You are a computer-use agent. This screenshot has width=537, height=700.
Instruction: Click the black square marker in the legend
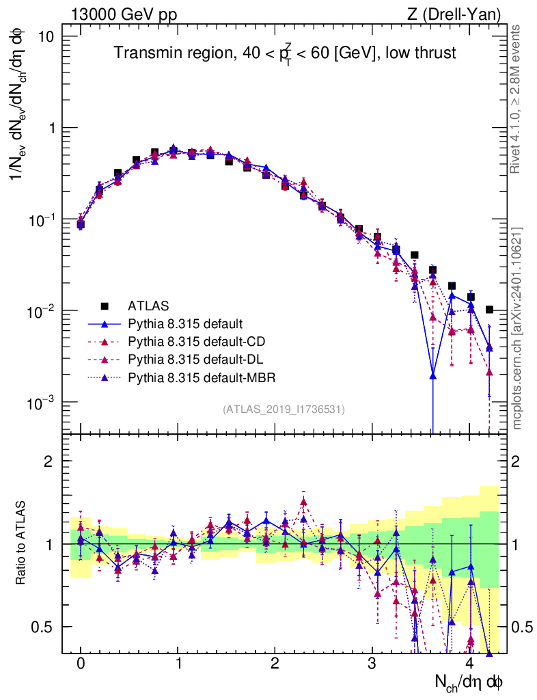(105, 305)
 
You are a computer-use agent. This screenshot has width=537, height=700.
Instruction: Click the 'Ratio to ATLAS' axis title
(22, 543)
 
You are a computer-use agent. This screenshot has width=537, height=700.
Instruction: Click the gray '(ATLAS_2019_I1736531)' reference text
(284, 409)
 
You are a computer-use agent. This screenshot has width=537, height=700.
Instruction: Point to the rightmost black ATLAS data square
(488, 310)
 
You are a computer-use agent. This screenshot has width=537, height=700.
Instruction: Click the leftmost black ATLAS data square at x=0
(81, 223)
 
